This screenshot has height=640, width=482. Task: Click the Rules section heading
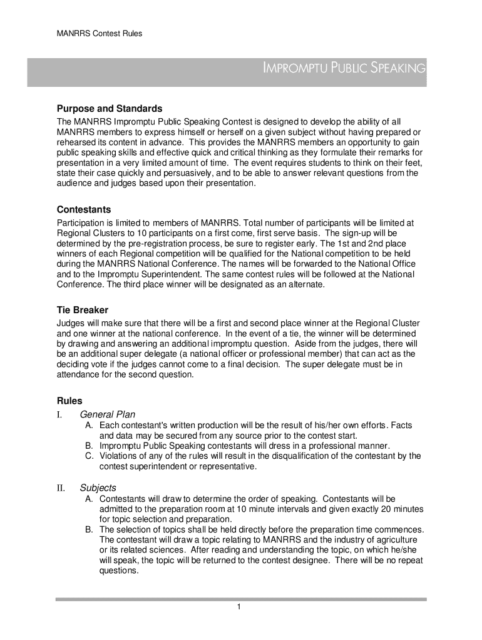coord(69,401)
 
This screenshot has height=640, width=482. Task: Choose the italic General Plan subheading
coord(108,414)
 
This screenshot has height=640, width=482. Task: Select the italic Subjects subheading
coord(98,487)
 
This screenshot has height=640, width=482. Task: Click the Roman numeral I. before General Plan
coord(59,414)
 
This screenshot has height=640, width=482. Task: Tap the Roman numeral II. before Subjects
coord(60,487)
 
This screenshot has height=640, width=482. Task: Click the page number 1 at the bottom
coord(240,607)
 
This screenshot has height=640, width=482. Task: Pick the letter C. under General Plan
coord(90,456)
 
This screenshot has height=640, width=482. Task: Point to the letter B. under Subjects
coord(90,529)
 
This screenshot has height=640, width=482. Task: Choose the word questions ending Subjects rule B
coord(118,571)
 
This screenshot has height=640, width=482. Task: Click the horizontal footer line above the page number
coord(241,599)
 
